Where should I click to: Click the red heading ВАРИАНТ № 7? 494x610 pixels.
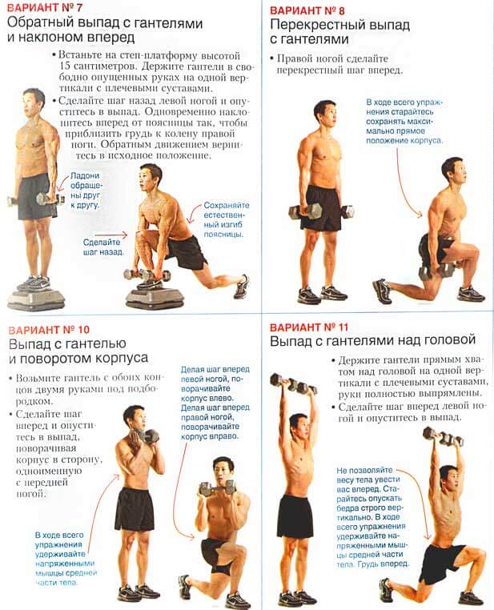[x=44, y=7]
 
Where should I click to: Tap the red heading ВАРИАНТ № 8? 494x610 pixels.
[x=307, y=10]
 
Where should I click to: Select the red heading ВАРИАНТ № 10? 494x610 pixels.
[x=49, y=330]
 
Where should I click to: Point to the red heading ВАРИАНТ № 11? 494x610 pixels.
[x=309, y=327]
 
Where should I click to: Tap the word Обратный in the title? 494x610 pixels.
[x=41, y=22]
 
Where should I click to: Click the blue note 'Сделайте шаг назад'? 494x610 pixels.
[x=103, y=247]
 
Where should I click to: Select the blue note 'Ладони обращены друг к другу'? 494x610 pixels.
[x=85, y=191]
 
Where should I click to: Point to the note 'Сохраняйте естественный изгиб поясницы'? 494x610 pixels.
[x=227, y=220]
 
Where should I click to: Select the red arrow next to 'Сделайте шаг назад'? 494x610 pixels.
[x=111, y=235]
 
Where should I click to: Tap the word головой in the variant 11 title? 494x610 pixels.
[x=450, y=340]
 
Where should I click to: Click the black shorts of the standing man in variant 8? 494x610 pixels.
[x=320, y=208]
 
